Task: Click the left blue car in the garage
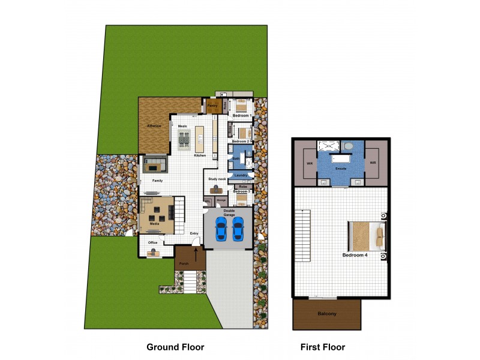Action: pos(221,228)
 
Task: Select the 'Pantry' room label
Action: pos(212,106)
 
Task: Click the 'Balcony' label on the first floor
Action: pos(326,314)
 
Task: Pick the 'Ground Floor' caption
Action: pos(175,347)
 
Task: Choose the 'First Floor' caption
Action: pos(323,347)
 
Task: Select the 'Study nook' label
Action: pos(217,179)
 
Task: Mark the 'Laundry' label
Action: pos(241,175)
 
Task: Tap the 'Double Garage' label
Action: pos(229,212)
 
